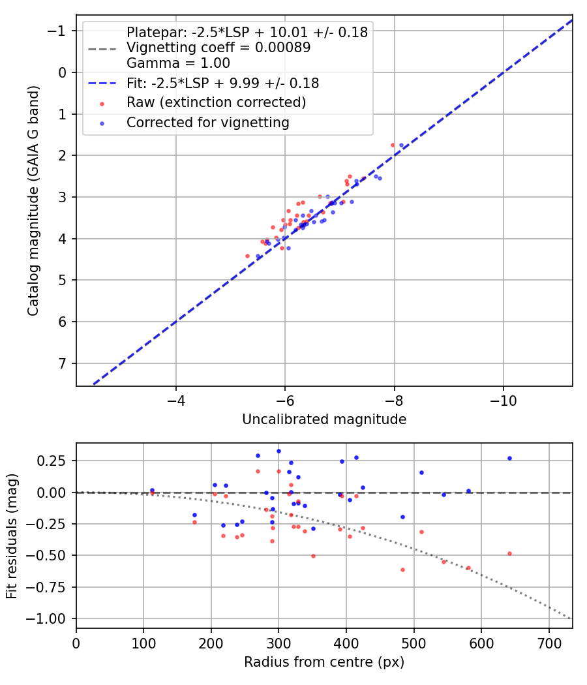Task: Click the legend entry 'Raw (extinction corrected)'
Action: [x=216, y=102]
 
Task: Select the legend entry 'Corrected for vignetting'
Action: [x=207, y=122]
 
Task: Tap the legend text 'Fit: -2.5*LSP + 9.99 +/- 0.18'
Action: [x=222, y=84]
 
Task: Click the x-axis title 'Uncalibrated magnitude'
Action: [x=324, y=419]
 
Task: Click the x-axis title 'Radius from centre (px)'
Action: [x=324, y=662]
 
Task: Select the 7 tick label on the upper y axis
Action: [x=63, y=363]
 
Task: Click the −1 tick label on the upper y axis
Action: [x=59, y=31]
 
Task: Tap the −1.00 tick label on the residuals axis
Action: [x=50, y=618]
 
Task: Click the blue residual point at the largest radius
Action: [x=509, y=458]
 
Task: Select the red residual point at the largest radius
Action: [x=509, y=553]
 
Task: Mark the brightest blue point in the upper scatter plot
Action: [x=401, y=145]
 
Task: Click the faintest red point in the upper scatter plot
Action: [x=247, y=256]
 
